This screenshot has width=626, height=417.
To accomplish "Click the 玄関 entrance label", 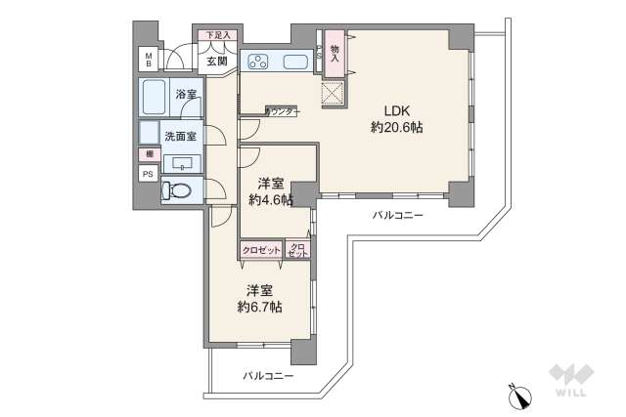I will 216,61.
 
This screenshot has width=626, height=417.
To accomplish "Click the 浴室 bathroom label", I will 186,95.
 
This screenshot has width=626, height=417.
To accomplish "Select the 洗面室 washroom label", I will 180,136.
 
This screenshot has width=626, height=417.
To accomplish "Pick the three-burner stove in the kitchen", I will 259,63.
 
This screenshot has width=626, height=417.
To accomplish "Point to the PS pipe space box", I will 149,174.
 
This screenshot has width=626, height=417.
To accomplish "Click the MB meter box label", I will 149,60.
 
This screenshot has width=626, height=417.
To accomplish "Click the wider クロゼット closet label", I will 261,250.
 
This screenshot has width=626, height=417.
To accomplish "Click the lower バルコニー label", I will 268,375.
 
